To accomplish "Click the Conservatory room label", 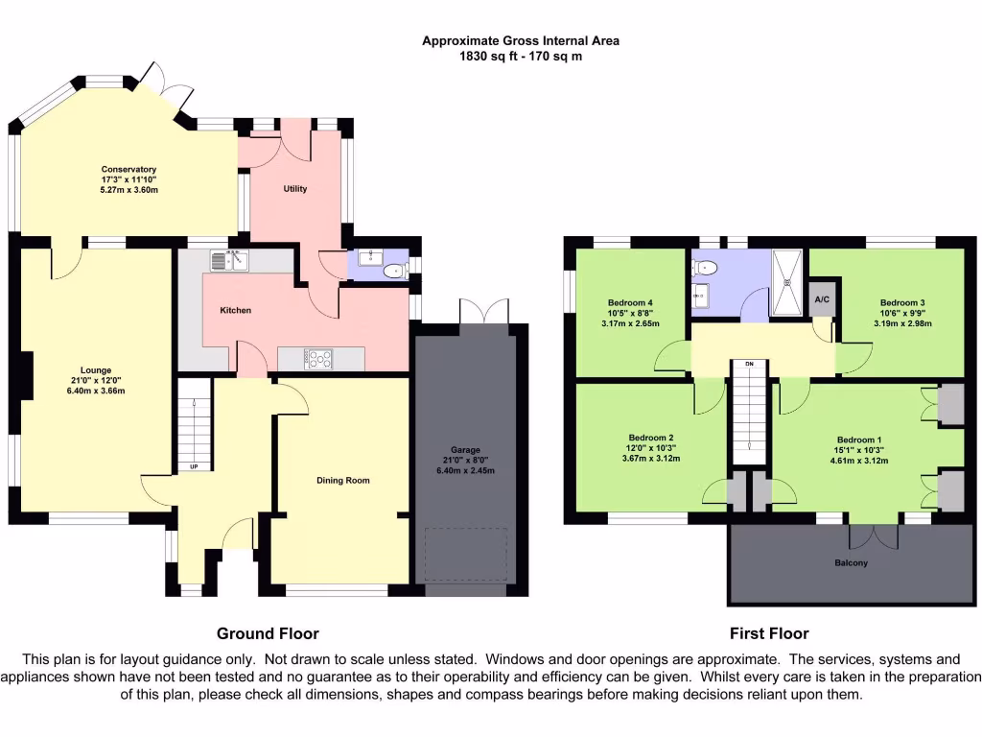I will [129, 169].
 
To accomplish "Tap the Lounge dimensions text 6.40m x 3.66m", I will [96, 391].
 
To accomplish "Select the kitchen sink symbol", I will [228, 259].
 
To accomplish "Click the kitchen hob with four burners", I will [318, 358].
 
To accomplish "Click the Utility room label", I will [295, 189].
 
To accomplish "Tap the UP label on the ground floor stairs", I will [193, 467].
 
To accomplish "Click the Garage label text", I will [465, 449].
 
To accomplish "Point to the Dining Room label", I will [342, 480].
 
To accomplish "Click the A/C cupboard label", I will [822, 299].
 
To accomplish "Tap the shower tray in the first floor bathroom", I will [789, 283].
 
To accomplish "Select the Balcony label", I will [850, 563].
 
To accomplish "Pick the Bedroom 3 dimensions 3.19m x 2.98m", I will [902, 323].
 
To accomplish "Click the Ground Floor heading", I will [268, 633].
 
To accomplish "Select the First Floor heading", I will [768, 633].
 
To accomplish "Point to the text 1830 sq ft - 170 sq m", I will [521, 56].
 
